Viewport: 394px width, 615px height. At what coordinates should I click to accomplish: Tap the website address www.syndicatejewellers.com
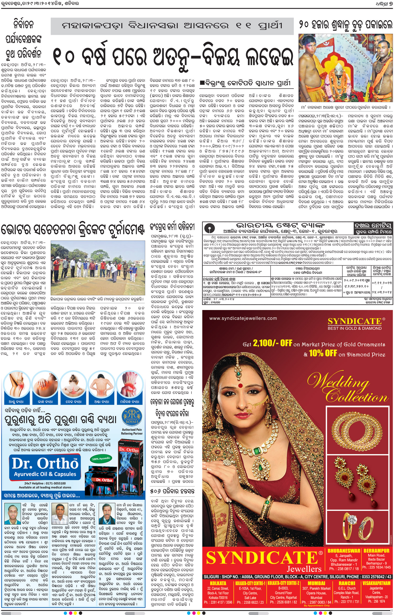(243, 318)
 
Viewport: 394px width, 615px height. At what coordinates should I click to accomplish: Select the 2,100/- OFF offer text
(272, 343)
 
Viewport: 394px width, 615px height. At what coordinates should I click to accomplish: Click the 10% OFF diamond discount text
(323, 353)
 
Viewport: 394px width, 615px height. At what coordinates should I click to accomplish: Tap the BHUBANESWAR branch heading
(344, 551)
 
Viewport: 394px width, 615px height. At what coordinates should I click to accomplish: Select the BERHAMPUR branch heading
(376, 551)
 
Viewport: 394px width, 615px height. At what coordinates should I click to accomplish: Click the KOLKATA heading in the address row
(218, 583)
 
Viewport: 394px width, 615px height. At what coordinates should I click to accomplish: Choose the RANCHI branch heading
(346, 583)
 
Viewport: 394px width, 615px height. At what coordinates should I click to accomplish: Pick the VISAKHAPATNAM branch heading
(376, 583)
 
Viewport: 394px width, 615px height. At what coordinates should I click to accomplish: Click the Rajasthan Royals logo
(132, 418)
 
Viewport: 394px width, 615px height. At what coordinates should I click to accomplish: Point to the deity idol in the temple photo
(341, 82)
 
